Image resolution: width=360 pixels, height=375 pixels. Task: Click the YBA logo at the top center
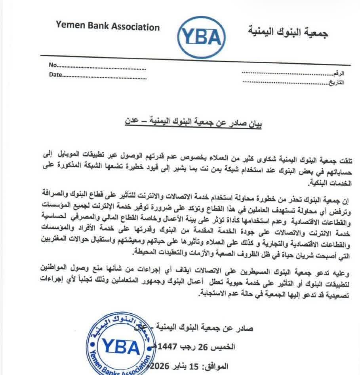click(x=201, y=37)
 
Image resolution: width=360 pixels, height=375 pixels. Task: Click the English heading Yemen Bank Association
click(x=108, y=27)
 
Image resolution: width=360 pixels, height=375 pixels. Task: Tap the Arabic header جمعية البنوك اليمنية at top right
click(x=288, y=32)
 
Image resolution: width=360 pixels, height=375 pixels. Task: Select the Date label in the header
click(x=55, y=74)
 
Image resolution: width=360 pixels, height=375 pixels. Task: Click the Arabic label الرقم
click(x=339, y=74)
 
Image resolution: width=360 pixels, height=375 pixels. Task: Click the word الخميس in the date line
click(x=225, y=347)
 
